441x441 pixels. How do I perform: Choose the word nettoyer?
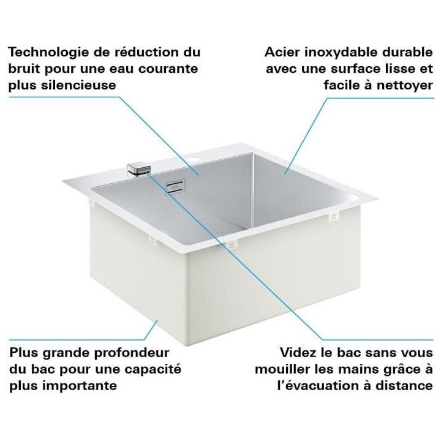[x=403, y=85]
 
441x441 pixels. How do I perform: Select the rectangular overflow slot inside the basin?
[x=176, y=185]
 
